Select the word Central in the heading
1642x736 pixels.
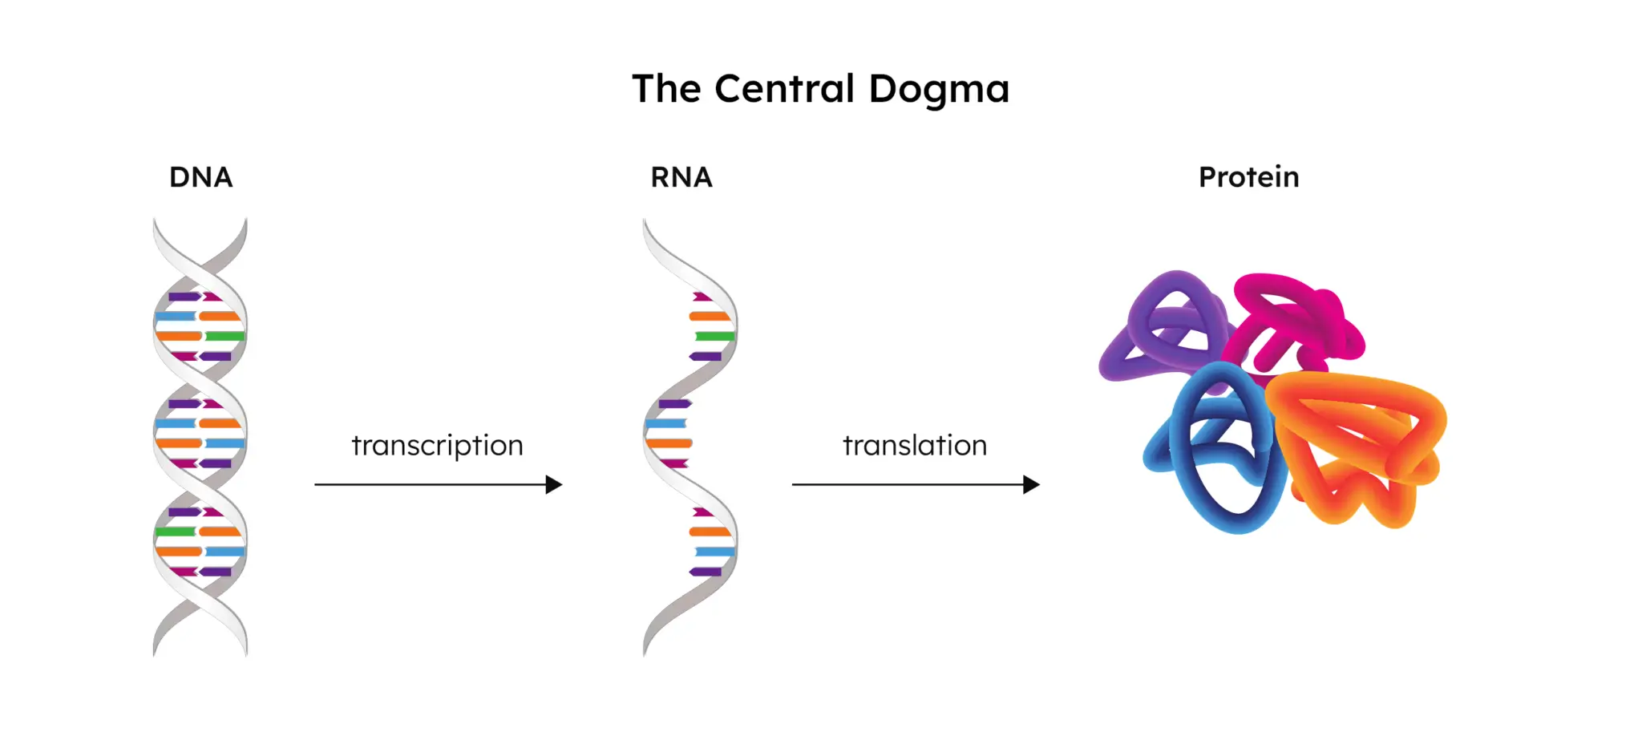pos(783,89)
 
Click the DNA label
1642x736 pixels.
pos(200,177)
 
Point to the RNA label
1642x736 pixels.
pos(681,177)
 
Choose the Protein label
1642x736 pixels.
pos(1248,177)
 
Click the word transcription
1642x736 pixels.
pos(437,446)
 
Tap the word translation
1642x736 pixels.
pos(914,445)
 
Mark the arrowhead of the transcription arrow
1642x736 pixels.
pos(554,484)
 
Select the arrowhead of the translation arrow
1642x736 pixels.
pos(1032,484)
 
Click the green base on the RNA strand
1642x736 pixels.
pos(714,336)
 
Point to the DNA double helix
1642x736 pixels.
pos(200,437)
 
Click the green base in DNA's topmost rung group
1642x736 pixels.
pos(225,336)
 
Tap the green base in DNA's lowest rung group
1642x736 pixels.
pos(175,532)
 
